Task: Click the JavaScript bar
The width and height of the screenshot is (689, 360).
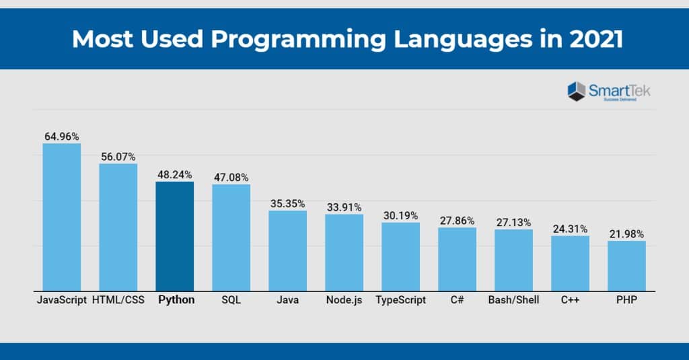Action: [61, 217]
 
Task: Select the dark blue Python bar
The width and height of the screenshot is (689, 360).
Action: [174, 236]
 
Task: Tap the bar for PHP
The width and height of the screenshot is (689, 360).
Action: [626, 266]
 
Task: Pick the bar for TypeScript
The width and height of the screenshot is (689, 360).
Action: [400, 256]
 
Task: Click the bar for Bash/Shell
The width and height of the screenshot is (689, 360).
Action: [513, 260]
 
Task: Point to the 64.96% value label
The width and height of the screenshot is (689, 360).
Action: [61, 136]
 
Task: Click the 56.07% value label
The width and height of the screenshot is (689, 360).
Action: [118, 156]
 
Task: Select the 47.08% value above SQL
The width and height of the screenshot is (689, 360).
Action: [231, 177]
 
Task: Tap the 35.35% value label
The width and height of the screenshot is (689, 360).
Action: [287, 203]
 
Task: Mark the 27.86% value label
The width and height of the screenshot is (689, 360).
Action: [457, 220]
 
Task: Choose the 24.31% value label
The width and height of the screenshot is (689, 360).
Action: [570, 228]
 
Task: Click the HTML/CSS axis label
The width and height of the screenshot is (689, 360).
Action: [118, 300]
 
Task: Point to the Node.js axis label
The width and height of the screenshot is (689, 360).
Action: [344, 300]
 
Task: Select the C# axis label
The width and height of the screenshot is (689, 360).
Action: [457, 300]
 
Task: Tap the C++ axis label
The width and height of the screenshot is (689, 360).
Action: [570, 300]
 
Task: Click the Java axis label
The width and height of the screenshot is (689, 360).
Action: [287, 300]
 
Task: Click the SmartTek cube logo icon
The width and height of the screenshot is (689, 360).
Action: [577, 91]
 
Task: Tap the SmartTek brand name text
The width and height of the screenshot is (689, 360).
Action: [619, 89]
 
